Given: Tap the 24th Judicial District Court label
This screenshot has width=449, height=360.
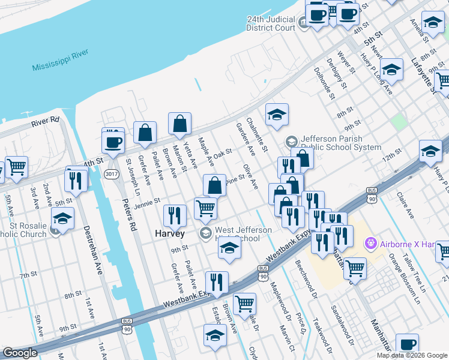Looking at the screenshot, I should [271, 23].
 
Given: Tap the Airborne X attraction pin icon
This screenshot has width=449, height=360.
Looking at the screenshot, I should [370, 244].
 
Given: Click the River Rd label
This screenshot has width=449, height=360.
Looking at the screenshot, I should [46, 122].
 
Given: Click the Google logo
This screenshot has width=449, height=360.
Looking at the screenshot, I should [20, 353].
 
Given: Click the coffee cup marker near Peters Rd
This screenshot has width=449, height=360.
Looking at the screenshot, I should [113, 142].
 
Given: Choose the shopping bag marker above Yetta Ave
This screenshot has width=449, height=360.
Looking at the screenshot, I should [179, 124].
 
